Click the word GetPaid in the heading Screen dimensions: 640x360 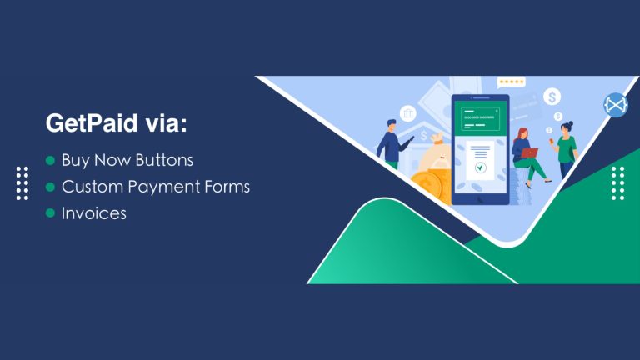point(92,123)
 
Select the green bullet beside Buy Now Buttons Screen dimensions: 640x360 point(50,160)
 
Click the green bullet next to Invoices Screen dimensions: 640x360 point(50,213)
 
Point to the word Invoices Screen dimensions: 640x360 point(94,213)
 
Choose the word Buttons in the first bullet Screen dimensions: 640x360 point(164,160)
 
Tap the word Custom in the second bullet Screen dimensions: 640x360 point(92,187)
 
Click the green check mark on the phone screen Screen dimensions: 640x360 point(480,167)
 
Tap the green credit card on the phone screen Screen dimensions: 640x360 point(480,118)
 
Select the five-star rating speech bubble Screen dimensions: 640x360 point(511,82)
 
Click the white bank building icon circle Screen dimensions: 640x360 point(407,113)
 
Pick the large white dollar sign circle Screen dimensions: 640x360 point(552,97)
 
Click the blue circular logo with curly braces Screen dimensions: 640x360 point(616,105)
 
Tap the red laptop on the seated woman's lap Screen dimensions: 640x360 point(530,153)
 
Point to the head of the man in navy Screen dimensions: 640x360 point(392,125)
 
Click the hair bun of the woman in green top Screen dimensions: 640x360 point(571,123)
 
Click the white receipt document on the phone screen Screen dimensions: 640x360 point(480,160)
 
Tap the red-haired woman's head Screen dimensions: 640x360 point(522,134)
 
